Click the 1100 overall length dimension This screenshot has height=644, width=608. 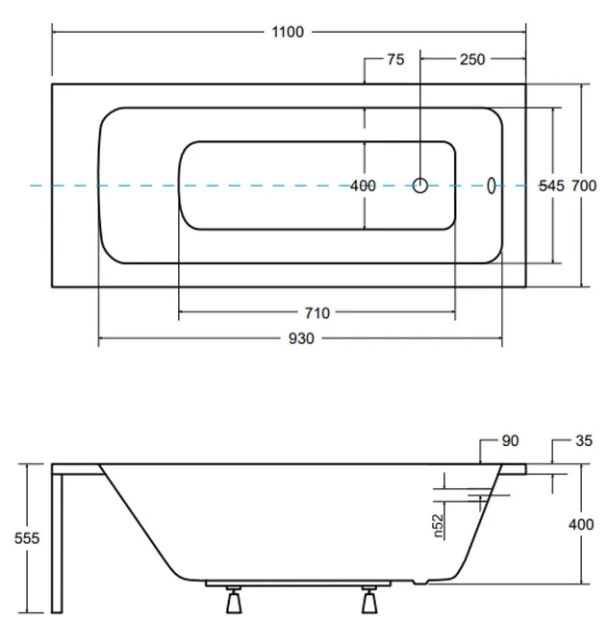287,32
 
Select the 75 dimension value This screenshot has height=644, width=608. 395,60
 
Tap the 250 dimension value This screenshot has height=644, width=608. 471,60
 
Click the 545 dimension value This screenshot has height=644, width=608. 550,186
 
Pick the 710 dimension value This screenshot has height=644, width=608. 317,312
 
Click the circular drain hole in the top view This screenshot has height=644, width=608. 420,186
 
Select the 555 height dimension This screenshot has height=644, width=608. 27,538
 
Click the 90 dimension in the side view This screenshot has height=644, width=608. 510,441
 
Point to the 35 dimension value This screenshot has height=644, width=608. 583,441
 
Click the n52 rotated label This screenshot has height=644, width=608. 438,524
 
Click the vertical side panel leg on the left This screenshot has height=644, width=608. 58,543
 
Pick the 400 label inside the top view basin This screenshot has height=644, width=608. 363,186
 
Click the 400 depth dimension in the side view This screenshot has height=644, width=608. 581,525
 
